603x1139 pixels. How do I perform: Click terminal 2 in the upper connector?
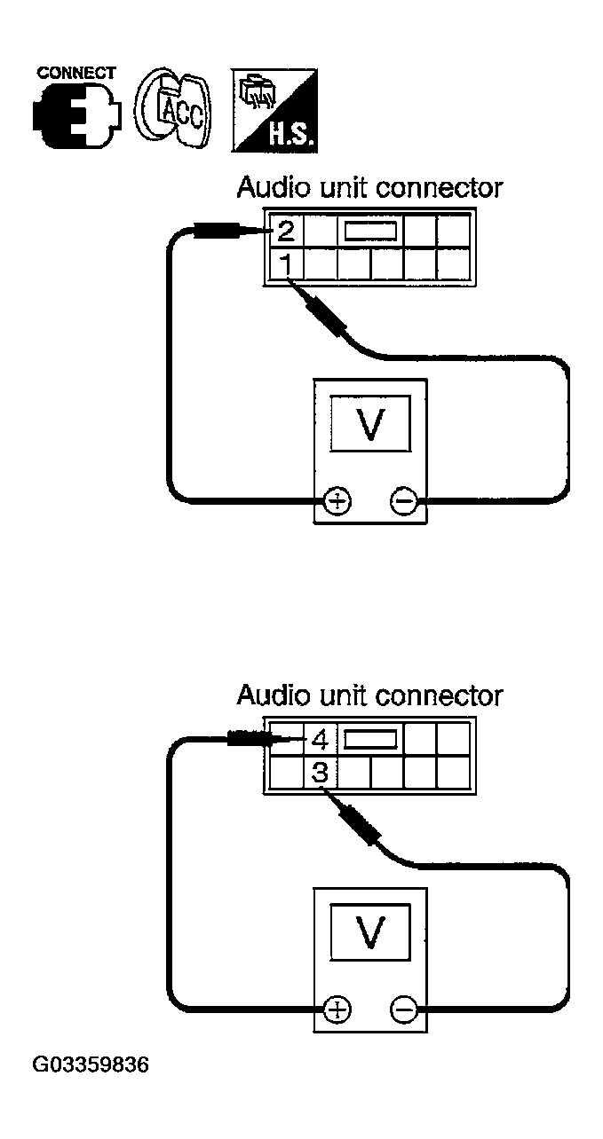pos(285,232)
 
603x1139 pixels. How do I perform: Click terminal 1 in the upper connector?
pos(285,263)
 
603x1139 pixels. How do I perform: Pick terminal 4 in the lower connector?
pos(319,738)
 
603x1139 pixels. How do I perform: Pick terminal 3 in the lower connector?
pos(320,771)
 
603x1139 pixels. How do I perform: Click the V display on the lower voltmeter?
pos(369,931)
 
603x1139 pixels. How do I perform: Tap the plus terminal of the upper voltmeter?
pos(337,503)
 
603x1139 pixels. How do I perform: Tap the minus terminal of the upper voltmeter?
pos(403,503)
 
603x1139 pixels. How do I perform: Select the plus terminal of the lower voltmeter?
pos(337,1009)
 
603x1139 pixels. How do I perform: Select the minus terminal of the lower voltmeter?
pos(403,1009)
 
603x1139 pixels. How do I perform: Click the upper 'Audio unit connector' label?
pos(369,189)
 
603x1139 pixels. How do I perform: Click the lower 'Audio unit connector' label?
pos(369,695)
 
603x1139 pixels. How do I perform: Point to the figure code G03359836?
pos(91,1063)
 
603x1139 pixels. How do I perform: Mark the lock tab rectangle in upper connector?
pos(369,232)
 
